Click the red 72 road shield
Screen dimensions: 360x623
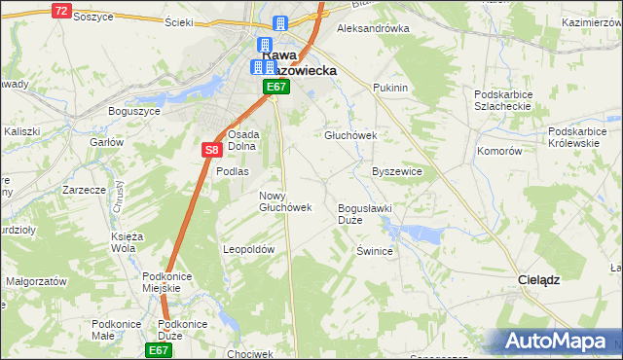pyautogui.click(x=61, y=11)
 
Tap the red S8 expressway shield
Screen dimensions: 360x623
pyautogui.click(x=213, y=150)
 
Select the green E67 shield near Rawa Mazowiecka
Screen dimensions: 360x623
pyautogui.click(x=276, y=88)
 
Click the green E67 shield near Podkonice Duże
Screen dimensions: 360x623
pyautogui.click(x=159, y=349)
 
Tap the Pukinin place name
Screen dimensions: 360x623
pyautogui.click(x=389, y=88)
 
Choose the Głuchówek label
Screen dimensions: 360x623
pyautogui.click(x=349, y=135)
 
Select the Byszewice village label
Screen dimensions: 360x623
pyautogui.click(x=397, y=170)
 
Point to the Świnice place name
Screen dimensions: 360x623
pyautogui.click(x=374, y=251)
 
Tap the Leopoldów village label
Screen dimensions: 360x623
pyautogui.click(x=249, y=249)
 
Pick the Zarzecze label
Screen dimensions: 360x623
pyautogui.click(x=83, y=190)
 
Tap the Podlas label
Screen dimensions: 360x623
pyautogui.click(x=233, y=170)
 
